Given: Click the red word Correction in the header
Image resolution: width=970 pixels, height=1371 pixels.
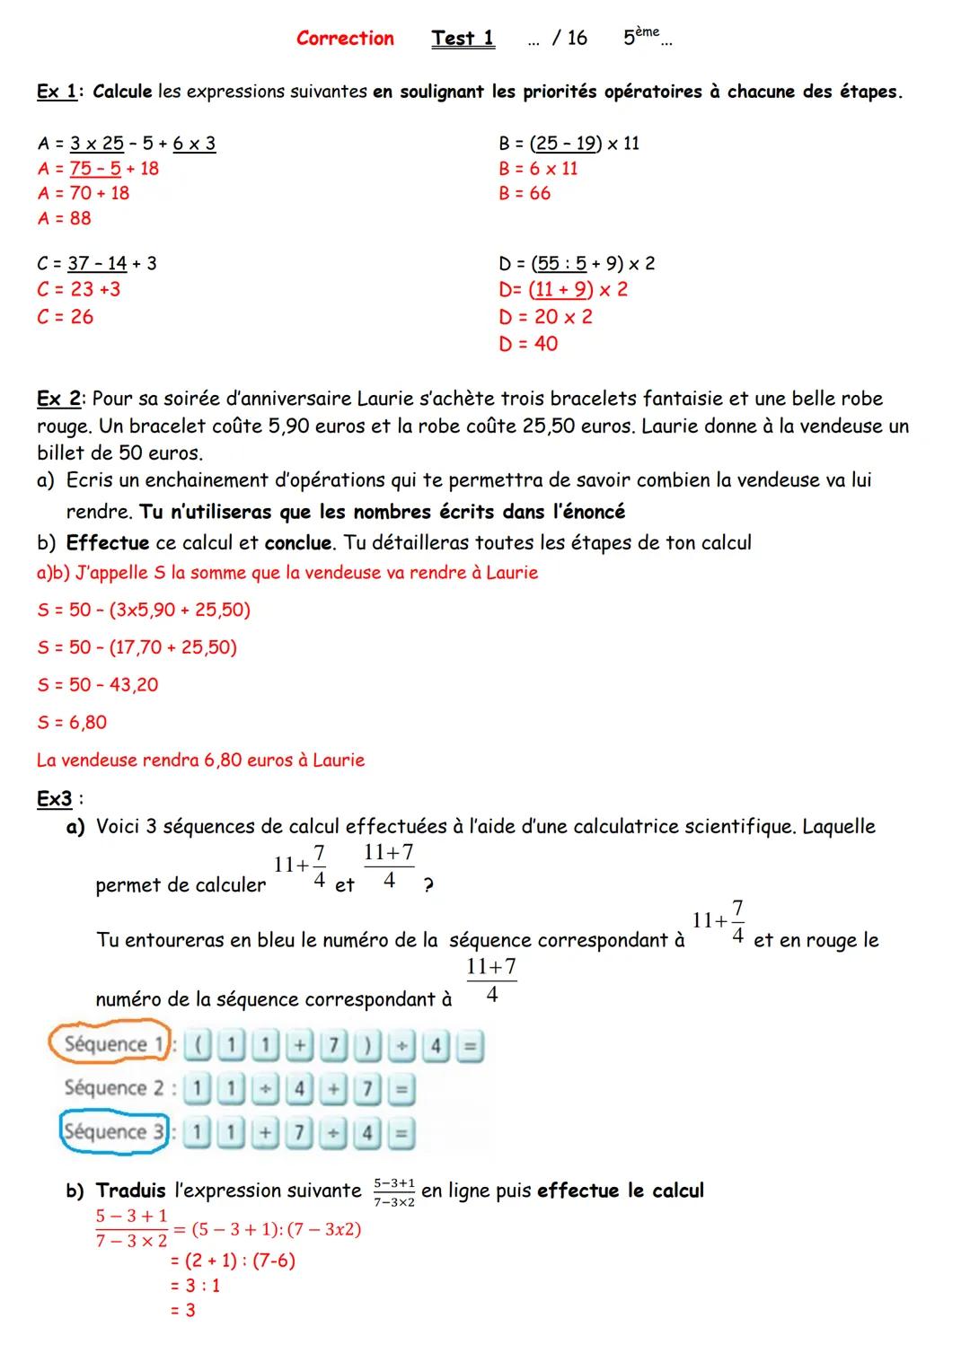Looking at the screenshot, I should coord(345,39).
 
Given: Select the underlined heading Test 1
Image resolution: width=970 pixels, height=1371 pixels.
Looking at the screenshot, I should coord(463,39).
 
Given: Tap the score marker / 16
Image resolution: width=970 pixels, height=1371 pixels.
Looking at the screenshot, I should coord(569,39).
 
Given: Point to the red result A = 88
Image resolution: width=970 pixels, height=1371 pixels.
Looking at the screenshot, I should coord(65,218).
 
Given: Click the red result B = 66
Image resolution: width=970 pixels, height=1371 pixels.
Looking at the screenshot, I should coord(525,193).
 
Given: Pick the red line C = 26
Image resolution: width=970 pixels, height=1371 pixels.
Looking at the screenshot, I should coord(66,317).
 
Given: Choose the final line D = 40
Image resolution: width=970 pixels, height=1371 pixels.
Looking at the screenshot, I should coord(528,344).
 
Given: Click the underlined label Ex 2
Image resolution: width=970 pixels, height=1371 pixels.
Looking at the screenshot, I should coord(60,399).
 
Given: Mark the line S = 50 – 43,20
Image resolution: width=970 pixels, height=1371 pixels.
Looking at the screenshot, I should coord(98,685).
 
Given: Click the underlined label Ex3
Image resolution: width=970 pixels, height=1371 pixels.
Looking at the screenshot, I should coord(55,799).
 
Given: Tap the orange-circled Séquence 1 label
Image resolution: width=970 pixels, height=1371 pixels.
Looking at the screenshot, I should coord(108,1044).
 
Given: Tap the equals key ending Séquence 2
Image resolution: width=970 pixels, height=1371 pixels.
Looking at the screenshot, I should coord(401,1090).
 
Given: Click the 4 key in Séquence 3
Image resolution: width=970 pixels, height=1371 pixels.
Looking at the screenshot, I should coord(366,1134).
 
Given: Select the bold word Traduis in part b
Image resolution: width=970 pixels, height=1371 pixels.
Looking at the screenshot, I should coord(131,1191).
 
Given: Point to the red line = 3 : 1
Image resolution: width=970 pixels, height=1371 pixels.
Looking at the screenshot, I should coord(196,1286).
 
